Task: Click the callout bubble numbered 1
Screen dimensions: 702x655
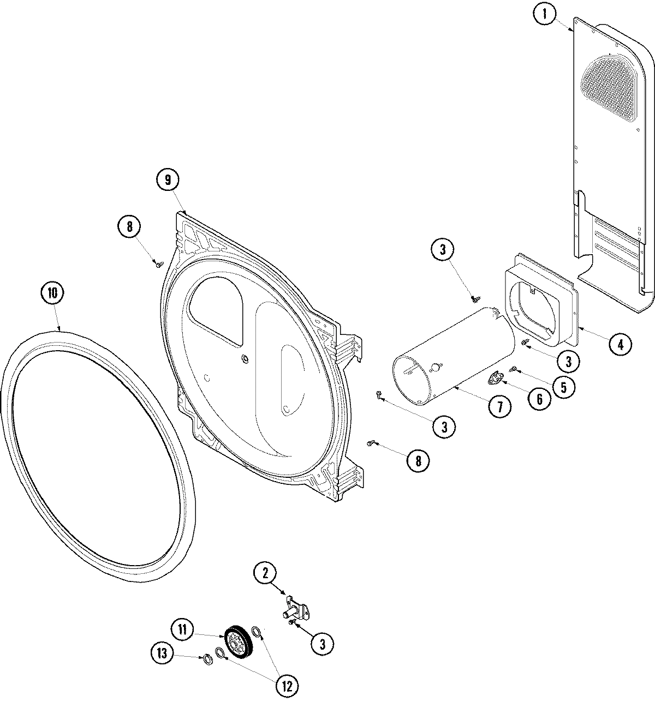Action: point(544,15)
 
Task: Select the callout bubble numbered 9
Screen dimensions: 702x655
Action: point(168,179)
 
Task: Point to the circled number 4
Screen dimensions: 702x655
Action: point(621,344)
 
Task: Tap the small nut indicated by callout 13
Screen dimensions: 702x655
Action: point(207,659)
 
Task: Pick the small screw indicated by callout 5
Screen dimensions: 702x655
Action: point(513,370)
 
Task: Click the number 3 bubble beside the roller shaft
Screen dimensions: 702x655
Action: point(322,644)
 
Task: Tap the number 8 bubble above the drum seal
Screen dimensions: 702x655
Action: point(129,226)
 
